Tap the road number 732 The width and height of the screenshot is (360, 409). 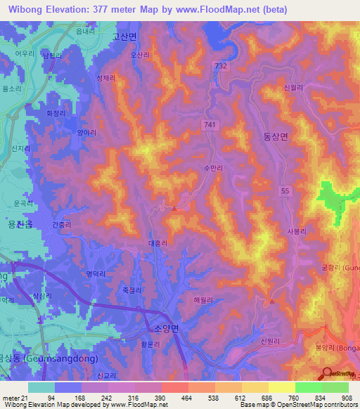(221, 65)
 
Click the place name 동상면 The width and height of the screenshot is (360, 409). (275, 138)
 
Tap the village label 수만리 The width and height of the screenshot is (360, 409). (212, 169)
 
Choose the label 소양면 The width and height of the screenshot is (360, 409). (166, 328)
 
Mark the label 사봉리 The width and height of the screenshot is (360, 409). (297, 230)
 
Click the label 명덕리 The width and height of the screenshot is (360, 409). (94, 274)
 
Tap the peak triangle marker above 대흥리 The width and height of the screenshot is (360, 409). (174, 207)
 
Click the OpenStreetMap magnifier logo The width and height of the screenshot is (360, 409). (326, 375)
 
